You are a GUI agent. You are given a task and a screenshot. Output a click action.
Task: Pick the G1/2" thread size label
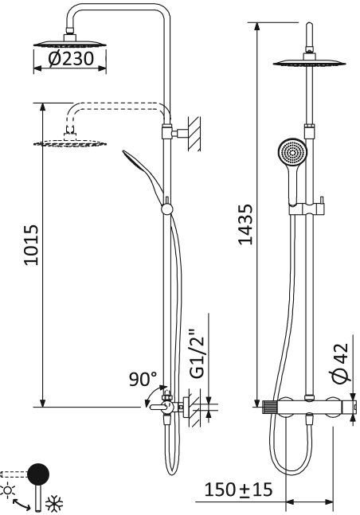pyautogui.click(x=198, y=356)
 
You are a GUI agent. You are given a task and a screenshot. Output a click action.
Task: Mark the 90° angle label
pyautogui.click(x=144, y=380)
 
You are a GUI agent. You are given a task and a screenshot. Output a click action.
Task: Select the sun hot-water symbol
pyautogui.click(x=9, y=488)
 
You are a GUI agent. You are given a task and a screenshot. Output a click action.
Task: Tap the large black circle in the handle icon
pyautogui.click(x=37, y=474)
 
